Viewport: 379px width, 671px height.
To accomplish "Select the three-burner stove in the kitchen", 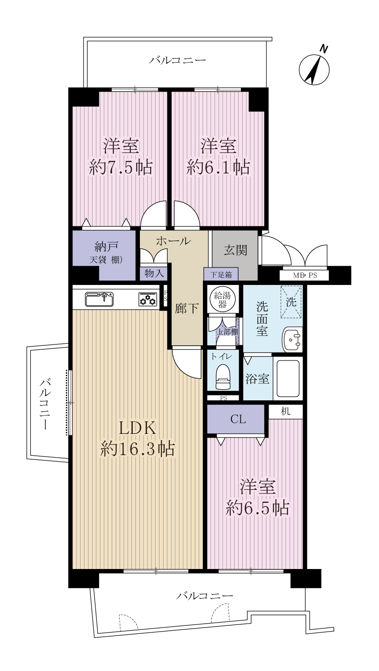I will (148, 299).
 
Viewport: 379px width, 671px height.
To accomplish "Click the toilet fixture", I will (223, 376).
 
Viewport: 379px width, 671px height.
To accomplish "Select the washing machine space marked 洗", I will (291, 302).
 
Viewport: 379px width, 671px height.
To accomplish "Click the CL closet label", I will (238, 419).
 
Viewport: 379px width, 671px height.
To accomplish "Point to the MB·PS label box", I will (304, 276).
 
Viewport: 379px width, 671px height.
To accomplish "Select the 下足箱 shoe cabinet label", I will (221, 274).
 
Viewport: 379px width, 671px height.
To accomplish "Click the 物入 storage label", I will (154, 273).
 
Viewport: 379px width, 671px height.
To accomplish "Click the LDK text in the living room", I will (137, 428).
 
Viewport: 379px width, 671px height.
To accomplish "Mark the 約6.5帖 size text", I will (257, 508).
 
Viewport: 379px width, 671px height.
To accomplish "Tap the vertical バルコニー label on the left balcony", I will (46, 403).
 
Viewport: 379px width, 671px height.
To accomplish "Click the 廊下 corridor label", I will (187, 309).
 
